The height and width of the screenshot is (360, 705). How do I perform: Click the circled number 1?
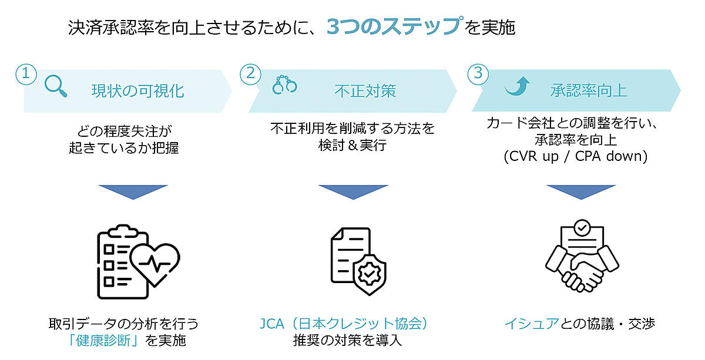[25, 73]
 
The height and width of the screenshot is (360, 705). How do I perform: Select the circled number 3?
[477, 73]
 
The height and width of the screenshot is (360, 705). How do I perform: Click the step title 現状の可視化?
[137, 90]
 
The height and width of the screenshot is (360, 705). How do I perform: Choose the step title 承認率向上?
[589, 90]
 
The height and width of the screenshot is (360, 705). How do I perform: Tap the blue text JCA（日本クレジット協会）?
[346, 324]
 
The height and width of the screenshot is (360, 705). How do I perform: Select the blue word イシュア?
[531, 324]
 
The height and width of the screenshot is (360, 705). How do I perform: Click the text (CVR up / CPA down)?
[575, 157]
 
